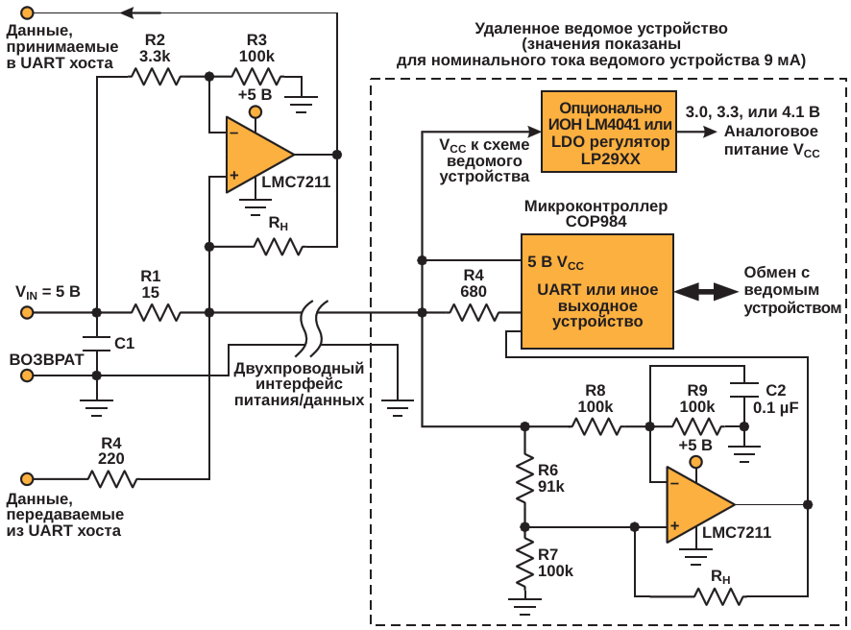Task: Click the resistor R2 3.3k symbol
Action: click(155, 75)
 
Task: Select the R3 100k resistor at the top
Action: click(256, 75)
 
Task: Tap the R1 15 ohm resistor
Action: click(155, 312)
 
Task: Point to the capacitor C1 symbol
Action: click(96, 343)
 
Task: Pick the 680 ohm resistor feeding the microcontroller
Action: click(474, 312)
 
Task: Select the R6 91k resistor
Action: click(524, 478)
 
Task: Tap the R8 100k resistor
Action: click(596, 425)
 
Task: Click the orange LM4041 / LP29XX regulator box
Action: click(609, 132)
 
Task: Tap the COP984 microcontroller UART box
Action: click(596, 291)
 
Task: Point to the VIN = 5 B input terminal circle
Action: click(28, 312)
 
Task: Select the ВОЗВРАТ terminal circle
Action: click(28, 375)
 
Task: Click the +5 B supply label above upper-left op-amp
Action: click(255, 95)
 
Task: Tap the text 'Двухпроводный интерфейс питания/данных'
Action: click(299, 384)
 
